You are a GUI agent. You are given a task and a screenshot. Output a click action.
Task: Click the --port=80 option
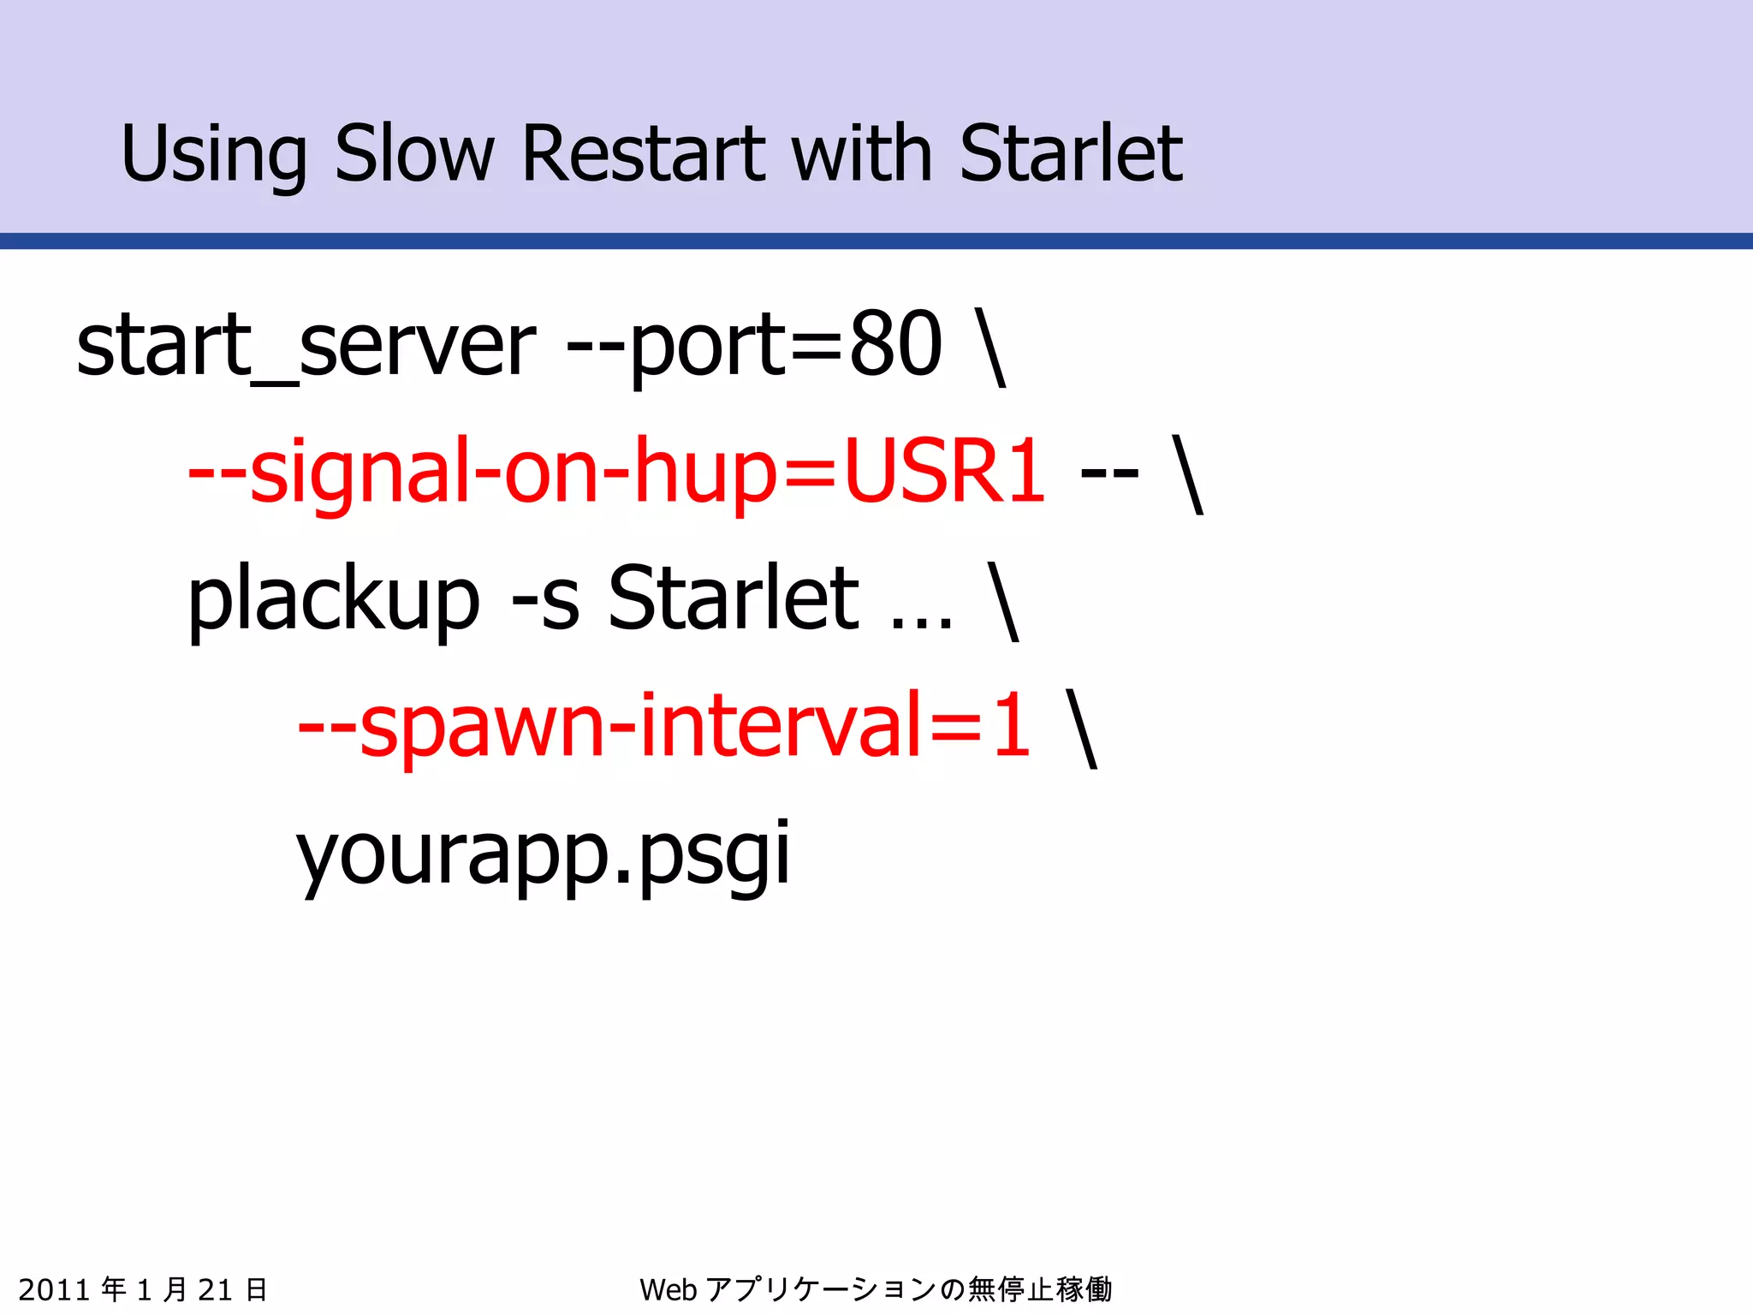pos(754,345)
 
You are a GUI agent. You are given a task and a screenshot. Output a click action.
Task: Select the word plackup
pos(334,599)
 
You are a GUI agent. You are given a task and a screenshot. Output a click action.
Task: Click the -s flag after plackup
pos(545,599)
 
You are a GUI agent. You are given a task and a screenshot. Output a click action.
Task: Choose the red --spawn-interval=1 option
pos(664,726)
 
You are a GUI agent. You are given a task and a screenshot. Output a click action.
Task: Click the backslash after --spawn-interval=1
pos(1082,728)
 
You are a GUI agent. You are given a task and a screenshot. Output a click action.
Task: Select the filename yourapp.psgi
pos(543,854)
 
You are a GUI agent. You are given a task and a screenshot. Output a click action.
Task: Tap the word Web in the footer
pos(668,1289)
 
